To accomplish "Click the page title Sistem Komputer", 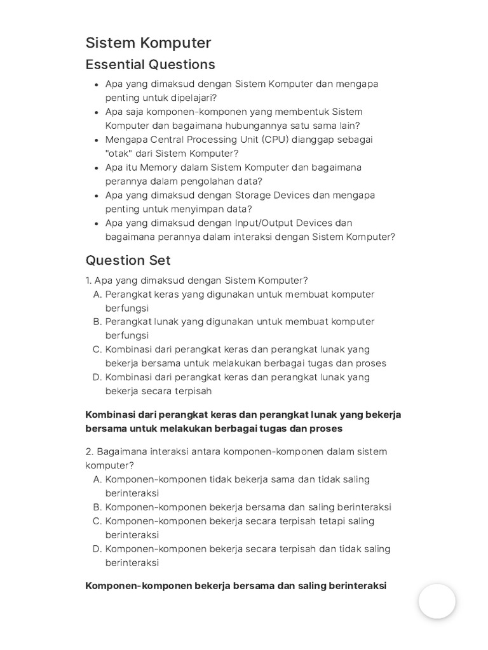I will (x=148, y=43).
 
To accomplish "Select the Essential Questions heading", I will (x=150, y=65).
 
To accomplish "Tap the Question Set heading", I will (x=128, y=260).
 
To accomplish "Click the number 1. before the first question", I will (x=88, y=281).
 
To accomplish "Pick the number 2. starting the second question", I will (x=89, y=452).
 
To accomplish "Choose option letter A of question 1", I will (x=97, y=295).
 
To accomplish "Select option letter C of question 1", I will (x=97, y=350).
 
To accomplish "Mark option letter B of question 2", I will (x=97, y=507).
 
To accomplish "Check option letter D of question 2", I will (x=97, y=549).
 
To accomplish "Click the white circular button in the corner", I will (x=437, y=601).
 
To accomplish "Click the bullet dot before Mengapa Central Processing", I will (x=96, y=140).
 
